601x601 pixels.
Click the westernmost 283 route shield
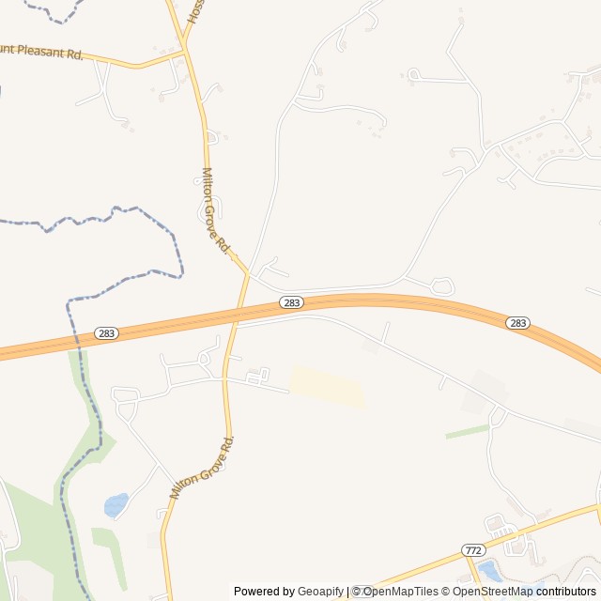click(106, 333)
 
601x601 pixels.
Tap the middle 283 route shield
click(291, 302)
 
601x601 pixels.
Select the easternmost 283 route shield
click(517, 323)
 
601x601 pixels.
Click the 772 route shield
click(473, 549)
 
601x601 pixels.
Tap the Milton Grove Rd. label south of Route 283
click(201, 468)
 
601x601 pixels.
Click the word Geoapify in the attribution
click(320, 592)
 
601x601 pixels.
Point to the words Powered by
click(264, 592)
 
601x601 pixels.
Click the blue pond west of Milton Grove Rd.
click(116, 505)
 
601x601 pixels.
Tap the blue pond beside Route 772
click(489, 569)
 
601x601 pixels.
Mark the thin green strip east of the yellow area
click(467, 431)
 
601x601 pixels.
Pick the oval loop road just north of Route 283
click(441, 285)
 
